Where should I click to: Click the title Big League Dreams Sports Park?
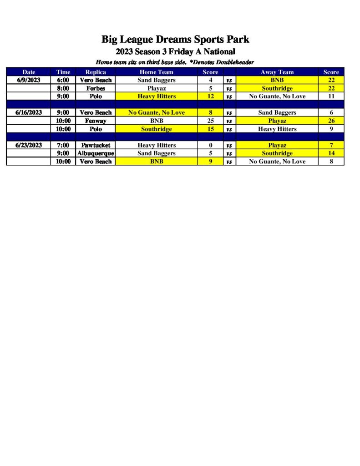pos(175,40)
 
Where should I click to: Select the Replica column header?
pos(96,72)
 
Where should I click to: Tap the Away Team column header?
pos(277,72)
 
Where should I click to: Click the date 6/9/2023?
pos(29,80)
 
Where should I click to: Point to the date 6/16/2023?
pos(29,112)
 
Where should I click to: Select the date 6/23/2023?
pos(29,145)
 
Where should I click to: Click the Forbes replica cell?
pos(96,88)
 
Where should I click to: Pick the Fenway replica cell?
pos(96,121)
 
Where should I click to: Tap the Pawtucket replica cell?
pos(96,145)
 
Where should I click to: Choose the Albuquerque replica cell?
pos(96,153)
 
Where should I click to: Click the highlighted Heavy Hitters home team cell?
pos(156,96)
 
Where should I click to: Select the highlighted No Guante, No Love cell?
pos(156,112)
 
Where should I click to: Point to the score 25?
pos(210,121)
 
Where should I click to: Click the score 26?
pos(331,121)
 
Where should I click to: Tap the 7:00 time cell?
pos(63,145)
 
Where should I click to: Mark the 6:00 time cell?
pos(63,80)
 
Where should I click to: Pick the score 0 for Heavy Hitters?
pos(210,145)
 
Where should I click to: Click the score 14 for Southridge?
pos(331,153)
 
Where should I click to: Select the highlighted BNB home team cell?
pos(156,162)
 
